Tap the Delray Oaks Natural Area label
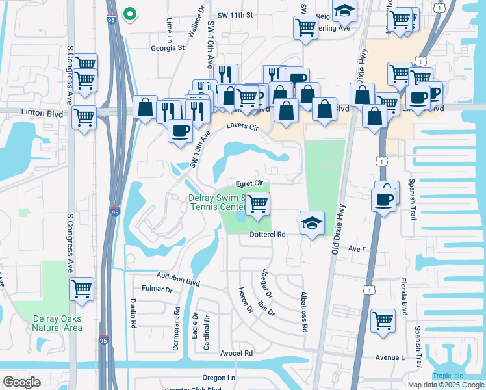[x=58, y=322]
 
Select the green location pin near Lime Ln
[x=130, y=13]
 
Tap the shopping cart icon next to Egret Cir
[x=257, y=204]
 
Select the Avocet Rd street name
[x=236, y=353]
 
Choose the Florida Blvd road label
[x=403, y=297]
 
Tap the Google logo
[x=21, y=382]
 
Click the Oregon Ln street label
[x=218, y=378]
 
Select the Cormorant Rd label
[x=176, y=328]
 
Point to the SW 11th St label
[x=235, y=14]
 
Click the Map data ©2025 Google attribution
[x=446, y=385]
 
